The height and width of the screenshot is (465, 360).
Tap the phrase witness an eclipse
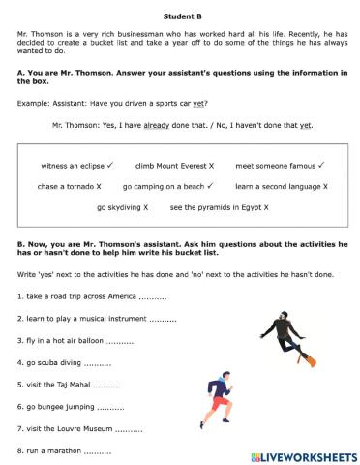74,165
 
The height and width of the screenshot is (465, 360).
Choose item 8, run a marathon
53,450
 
